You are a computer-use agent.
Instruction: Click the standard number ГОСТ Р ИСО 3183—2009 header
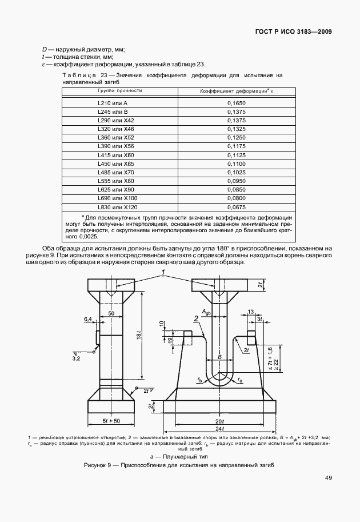[x=293, y=31]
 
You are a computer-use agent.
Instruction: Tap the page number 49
[x=328, y=478]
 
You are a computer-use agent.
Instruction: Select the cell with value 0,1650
[x=236, y=103]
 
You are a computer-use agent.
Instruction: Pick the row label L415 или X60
[x=115, y=155]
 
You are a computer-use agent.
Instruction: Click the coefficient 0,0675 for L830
[x=236, y=207]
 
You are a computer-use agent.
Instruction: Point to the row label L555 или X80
[x=115, y=181]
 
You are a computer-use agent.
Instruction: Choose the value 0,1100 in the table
[x=236, y=164]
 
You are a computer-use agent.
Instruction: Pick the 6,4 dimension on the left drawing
[x=87, y=318]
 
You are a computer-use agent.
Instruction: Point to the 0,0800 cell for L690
[x=236, y=198]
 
